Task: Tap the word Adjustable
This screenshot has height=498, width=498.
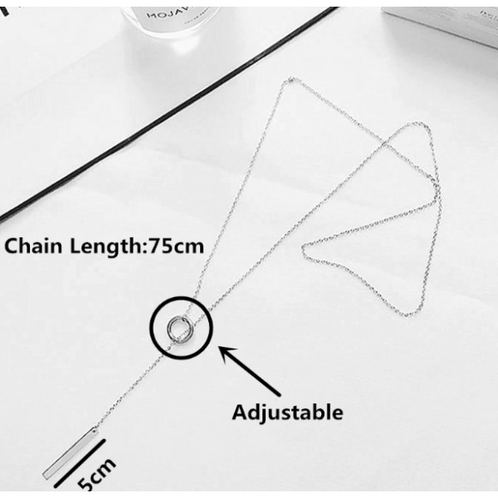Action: coord(287,411)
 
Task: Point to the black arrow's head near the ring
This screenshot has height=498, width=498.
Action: coord(221,349)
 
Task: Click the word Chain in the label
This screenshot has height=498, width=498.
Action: coord(33,246)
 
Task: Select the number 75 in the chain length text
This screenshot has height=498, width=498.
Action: coord(158,246)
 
